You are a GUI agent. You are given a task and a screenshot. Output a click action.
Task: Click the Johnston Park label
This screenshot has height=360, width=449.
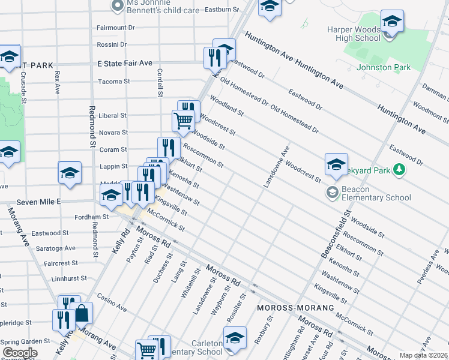point(384,68)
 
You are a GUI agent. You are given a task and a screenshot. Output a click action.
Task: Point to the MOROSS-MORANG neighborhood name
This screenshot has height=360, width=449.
point(295,308)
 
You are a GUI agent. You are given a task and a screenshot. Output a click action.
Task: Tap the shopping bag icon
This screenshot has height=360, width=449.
point(82,313)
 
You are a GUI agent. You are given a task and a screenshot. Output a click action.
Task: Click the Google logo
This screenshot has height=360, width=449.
point(20,353)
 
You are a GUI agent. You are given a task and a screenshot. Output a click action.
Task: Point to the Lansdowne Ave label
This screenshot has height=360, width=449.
point(276,166)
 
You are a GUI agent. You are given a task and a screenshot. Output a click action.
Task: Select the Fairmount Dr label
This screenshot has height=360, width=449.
point(116,28)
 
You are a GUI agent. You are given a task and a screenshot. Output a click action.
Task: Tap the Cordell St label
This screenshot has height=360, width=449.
point(160,82)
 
